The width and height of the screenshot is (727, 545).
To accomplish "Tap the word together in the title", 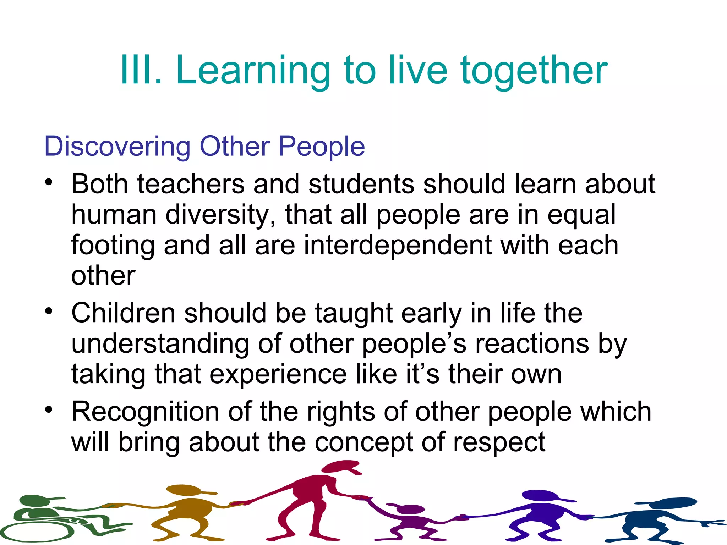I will [x=534, y=71].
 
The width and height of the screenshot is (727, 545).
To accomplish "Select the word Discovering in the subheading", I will [x=117, y=147].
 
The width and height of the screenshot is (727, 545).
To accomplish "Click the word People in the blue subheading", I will [x=321, y=147].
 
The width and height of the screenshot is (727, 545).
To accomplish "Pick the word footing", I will [x=113, y=246].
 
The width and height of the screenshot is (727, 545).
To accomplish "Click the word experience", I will [x=278, y=375].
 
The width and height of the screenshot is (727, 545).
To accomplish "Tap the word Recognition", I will [x=145, y=412].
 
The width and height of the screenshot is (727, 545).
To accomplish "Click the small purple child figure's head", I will [x=410, y=509].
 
